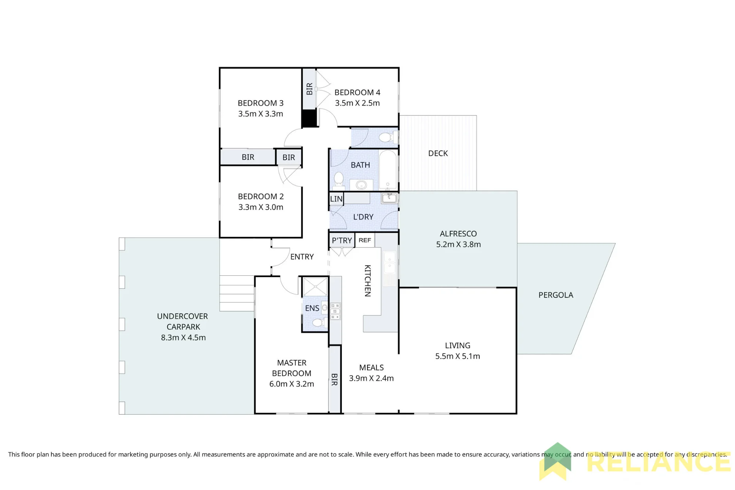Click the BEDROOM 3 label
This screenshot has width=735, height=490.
pos(261,103)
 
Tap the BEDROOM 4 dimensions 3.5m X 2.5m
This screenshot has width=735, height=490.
pos(357,103)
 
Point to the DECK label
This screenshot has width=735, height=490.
pos(438,153)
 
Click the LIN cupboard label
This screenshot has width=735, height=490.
pos(336,199)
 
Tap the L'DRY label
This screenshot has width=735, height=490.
pos(363,217)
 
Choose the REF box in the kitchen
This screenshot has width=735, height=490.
pos(365,240)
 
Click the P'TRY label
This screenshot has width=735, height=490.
pos(342,241)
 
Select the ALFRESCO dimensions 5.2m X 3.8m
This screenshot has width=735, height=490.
pos(458,244)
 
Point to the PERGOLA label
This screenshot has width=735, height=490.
pos(556,295)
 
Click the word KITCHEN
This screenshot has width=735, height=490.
pos(367,280)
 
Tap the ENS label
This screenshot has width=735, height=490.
pos(312,308)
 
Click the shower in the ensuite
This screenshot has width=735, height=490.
pos(315,287)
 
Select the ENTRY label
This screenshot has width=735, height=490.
pos(302,257)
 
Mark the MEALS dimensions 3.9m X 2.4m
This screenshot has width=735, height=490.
pos(371,378)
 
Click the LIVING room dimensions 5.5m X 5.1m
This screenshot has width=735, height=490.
pos(458,356)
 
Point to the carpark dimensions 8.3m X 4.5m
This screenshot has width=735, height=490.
pos(183,337)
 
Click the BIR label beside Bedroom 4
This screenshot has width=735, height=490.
pos(309,89)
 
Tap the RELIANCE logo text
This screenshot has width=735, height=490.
pos(659,462)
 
